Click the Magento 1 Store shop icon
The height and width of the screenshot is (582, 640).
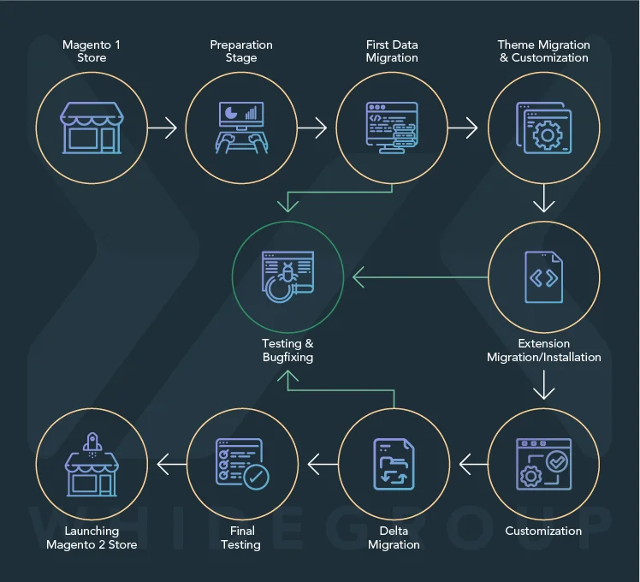92,128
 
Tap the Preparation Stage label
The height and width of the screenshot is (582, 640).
241,51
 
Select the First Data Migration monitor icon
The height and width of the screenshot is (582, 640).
392,128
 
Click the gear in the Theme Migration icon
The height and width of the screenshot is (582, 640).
548,134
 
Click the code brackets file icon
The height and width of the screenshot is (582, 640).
543,277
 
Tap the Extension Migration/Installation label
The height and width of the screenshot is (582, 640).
543,350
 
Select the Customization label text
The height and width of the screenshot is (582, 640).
543,531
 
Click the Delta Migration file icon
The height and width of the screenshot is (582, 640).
394,464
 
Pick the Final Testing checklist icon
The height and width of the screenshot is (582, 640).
242,464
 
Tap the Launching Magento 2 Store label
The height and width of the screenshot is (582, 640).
92,537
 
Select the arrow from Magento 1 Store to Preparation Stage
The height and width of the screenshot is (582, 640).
163,128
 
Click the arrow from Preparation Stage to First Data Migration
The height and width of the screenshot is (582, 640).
312,128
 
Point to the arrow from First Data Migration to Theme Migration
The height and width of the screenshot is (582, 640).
463,128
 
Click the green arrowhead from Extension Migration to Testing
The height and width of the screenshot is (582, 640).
358,277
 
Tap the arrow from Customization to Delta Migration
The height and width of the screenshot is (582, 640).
473,465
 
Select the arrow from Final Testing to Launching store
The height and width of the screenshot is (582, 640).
172,465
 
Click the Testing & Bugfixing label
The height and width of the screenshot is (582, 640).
287,350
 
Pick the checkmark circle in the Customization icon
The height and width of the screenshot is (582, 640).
557,461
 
